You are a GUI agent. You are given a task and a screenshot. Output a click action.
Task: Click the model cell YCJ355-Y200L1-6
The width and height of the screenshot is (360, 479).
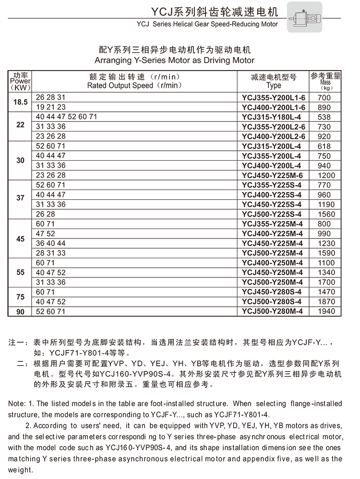point(273,97)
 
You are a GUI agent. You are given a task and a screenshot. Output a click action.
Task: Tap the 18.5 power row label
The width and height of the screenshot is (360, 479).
point(20,102)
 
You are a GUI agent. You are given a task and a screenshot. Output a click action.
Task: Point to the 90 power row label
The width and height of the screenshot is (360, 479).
point(20,311)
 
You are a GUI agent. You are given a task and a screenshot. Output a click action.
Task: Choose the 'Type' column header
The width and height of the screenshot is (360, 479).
point(274,85)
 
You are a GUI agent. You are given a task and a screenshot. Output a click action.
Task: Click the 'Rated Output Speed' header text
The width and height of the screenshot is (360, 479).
point(134,85)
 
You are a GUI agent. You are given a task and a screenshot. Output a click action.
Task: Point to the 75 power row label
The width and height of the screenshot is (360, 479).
point(20,297)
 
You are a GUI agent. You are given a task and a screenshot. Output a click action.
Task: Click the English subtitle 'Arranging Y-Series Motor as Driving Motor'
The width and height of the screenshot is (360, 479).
point(174,60)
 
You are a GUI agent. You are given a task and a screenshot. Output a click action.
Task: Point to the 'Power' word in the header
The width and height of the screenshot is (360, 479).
point(20,81)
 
